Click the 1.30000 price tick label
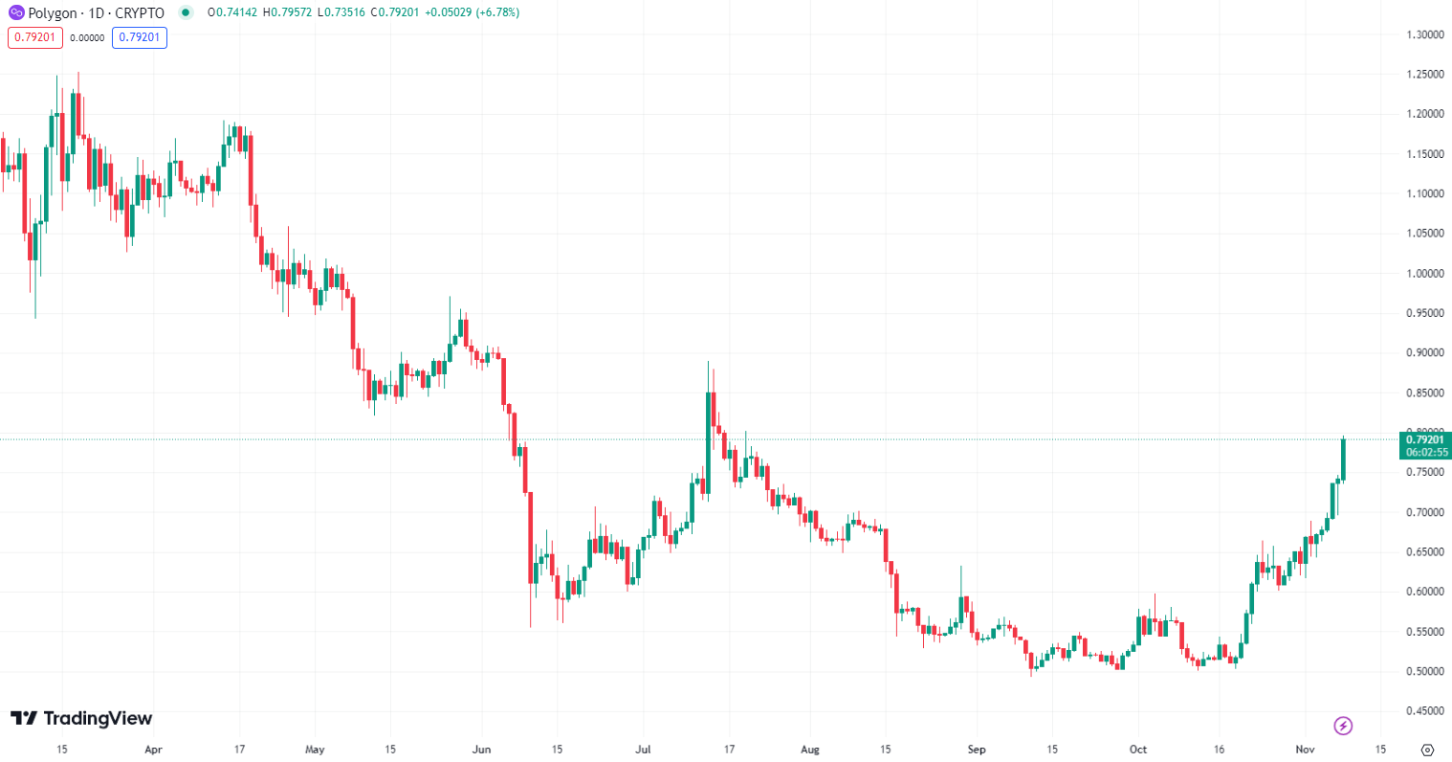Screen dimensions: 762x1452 1424,34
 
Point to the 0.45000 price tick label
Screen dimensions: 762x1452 1424,710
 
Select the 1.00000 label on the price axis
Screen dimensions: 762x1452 1424,273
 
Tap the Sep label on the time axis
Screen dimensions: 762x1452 977,749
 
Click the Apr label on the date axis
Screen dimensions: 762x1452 153,749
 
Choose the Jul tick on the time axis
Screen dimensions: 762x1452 643,749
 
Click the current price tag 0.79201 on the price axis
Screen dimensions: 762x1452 1424,439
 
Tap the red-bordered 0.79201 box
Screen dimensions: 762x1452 35,37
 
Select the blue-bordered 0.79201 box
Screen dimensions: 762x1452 139,37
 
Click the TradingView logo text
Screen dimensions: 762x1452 81,718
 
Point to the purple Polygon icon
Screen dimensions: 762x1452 16,12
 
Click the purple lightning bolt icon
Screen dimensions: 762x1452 1343,726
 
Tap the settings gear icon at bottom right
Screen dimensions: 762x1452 1428,749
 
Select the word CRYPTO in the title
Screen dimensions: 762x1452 140,13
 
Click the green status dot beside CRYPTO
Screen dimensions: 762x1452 186,12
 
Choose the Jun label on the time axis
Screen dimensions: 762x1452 481,749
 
